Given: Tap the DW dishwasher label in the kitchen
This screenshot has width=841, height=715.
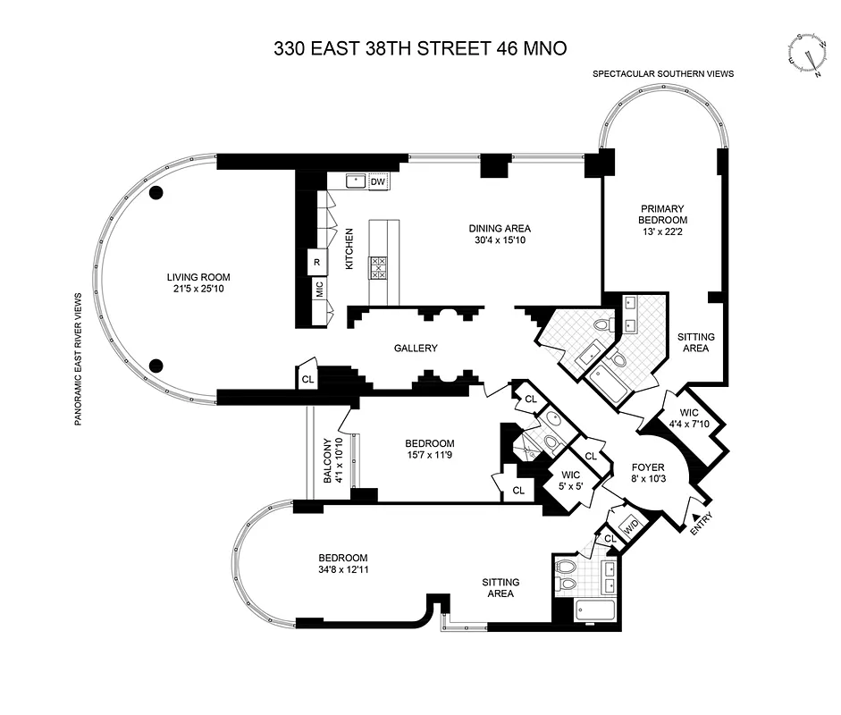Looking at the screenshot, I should point(378,181).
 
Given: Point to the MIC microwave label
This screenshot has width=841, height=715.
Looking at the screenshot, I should point(319,289).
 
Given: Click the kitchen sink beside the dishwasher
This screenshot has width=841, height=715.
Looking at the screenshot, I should point(356,181).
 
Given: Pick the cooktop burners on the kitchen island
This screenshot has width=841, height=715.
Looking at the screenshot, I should point(378,266).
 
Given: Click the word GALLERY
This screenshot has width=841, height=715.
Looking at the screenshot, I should point(416,348).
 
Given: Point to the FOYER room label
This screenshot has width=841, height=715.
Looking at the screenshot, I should point(648,467).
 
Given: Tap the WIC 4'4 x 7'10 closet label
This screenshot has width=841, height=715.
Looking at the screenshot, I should point(688,417).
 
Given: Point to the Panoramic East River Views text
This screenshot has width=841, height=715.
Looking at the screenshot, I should point(79,358).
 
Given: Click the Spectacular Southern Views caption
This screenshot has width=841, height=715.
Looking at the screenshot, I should point(662,74).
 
